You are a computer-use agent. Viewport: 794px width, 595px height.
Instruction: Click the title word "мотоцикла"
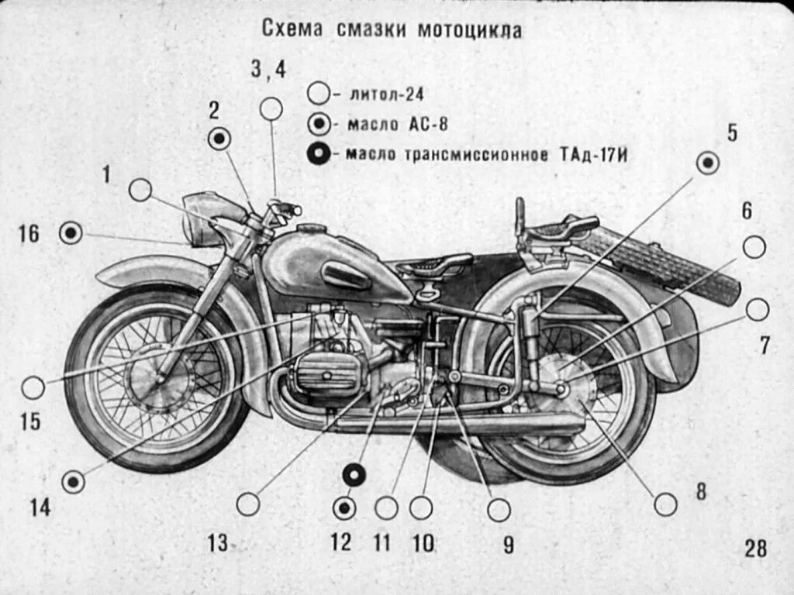coord(470,30)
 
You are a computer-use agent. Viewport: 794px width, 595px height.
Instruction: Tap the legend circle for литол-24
coord(319,94)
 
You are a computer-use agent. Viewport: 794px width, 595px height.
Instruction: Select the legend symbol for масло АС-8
coord(319,124)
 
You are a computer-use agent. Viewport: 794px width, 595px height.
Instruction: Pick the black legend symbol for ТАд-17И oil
coord(319,154)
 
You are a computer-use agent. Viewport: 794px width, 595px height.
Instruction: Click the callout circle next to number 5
coord(707,163)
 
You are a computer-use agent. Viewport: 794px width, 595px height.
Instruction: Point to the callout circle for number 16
coord(71,232)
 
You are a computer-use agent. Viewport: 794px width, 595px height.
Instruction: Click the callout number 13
coord(218,543)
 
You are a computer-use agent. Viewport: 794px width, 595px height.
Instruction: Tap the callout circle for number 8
coord(665,504)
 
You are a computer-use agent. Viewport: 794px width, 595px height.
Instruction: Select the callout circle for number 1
coord(140,190)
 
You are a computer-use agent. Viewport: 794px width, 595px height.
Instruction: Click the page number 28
coord(755,549)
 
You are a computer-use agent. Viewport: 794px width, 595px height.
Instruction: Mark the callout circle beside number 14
coord(74,482)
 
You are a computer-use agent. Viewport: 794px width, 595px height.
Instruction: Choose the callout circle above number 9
coord(499,510)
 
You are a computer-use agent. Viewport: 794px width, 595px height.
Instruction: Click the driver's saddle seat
coord(434,266)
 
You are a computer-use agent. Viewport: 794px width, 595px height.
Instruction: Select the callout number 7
coord(765,346)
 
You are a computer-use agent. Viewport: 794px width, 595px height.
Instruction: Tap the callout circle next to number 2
coord(220,139)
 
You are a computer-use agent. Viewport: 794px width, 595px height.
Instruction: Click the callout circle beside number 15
coord(33,387)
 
